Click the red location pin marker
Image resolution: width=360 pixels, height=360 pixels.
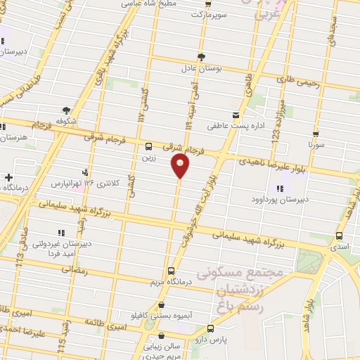(x=180, y=166)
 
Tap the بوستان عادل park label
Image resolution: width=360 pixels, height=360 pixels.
(x=202, y=69)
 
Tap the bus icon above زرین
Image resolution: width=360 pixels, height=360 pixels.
(x=148, y=147)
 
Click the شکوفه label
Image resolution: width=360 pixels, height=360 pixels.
(x=67, y=120)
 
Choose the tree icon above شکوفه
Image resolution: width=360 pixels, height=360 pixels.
(x=67, y=110)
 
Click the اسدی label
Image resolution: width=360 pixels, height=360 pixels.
(x=340, y=247)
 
